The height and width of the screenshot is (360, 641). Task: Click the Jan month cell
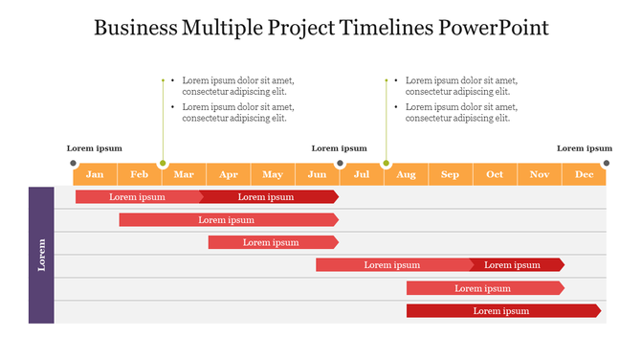(95, 174)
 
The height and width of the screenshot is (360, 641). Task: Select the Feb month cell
(140, 174)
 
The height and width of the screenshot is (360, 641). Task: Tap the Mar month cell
(184, 174)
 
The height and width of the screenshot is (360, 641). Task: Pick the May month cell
(273, 174)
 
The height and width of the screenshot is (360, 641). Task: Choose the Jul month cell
(362, 174)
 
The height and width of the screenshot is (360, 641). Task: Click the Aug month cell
(406, 174)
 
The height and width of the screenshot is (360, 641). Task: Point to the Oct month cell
(495, 174)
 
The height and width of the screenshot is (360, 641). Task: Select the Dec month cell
(585, 174)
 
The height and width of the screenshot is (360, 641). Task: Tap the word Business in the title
(134, 27)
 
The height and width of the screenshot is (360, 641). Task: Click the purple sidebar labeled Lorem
(41, 255)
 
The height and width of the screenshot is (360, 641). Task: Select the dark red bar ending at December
(503, 310)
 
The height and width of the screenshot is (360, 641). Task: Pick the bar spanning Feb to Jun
(228, 219)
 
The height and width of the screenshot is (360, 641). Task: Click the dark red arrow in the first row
(270, 196)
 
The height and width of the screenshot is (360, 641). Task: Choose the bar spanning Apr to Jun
(273, 242)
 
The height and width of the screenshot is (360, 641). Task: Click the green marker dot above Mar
(163, 164)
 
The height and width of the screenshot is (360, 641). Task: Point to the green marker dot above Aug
(387, 164)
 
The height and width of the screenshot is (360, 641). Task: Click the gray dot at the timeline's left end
(74, 164)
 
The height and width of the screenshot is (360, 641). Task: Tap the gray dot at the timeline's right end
(607, 164)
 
